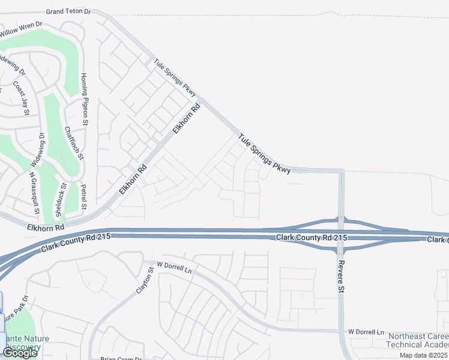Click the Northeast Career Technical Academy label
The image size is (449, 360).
417,341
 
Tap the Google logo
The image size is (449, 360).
19,353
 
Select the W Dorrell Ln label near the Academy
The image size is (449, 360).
366,331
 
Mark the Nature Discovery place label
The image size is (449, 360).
23,343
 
